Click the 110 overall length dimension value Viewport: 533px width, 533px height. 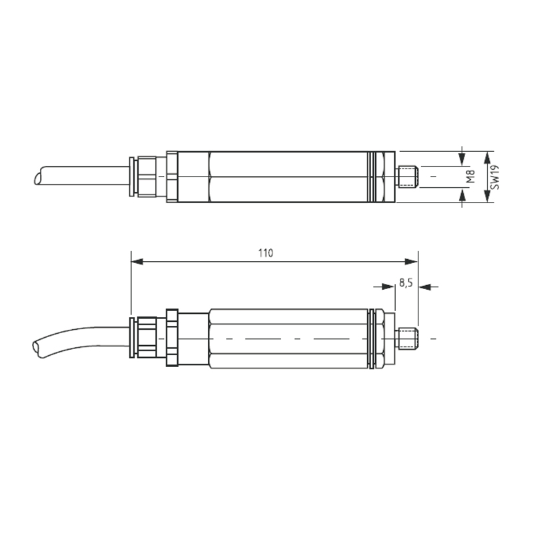[x=265, y=253]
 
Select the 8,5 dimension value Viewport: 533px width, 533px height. [x=406, y=282]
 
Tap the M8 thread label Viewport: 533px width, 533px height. [x=470, y=177]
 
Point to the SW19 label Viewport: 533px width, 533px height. [x=494, y=177]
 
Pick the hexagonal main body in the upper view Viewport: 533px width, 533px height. [x=290, y=177]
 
